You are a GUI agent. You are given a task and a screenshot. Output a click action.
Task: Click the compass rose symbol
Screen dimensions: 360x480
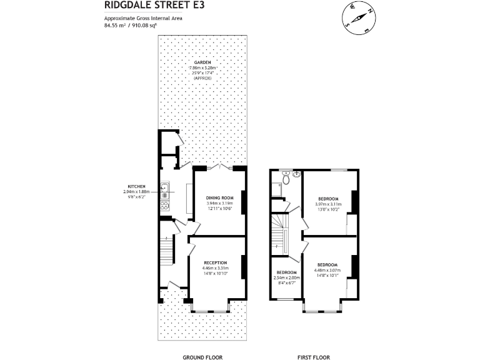357,17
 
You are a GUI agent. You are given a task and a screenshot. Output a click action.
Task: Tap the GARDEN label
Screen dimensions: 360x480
202,63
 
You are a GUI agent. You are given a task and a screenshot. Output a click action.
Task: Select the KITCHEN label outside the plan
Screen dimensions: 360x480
136,187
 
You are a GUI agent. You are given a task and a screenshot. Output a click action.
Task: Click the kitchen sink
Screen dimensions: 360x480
166,187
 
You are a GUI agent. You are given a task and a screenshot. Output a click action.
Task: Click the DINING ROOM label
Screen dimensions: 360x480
219,197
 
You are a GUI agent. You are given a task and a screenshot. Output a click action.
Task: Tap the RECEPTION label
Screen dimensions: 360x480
214,262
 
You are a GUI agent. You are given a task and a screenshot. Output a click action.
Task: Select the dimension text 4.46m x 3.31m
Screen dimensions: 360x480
214,268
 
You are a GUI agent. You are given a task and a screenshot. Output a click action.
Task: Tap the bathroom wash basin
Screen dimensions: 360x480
297,174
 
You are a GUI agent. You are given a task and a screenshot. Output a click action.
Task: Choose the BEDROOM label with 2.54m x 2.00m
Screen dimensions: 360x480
287,272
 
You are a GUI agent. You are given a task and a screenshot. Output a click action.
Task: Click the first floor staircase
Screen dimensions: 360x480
280,234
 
